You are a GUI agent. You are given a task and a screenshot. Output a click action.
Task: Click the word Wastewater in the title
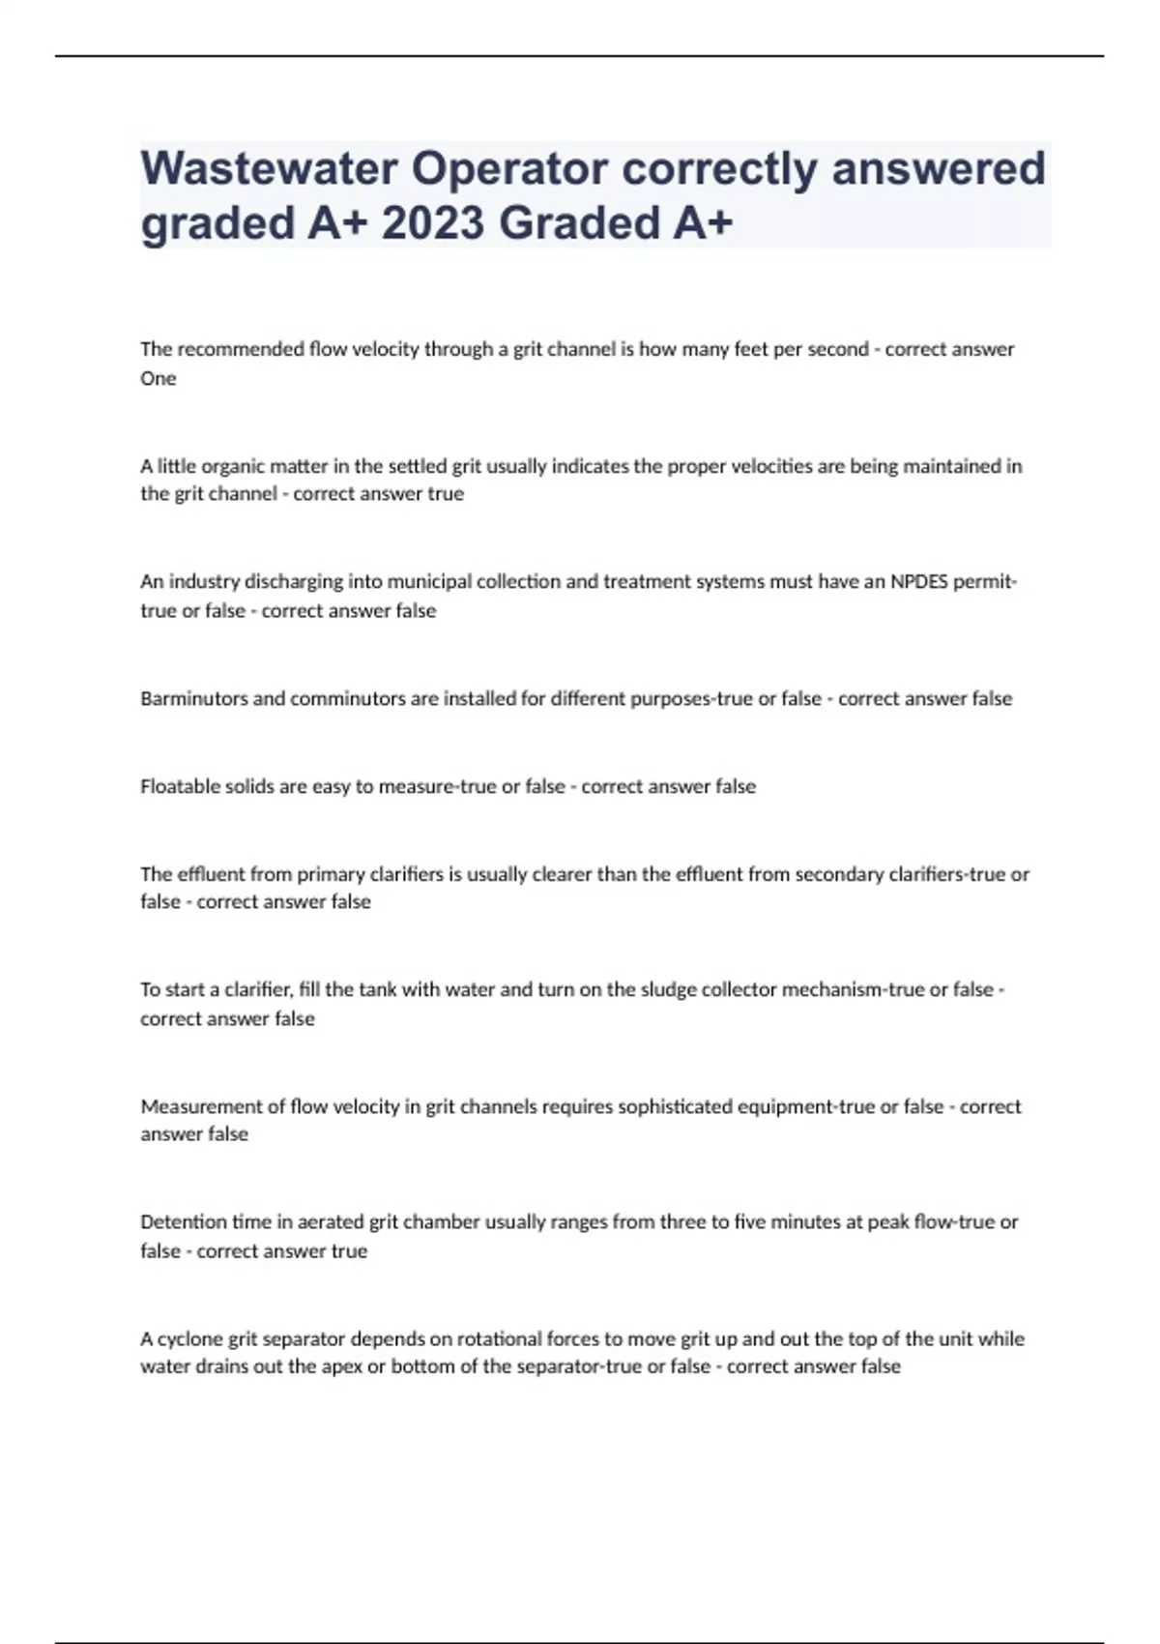269,168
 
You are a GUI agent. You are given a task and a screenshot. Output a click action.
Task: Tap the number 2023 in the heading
432,223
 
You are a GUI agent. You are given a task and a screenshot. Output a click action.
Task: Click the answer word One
158,378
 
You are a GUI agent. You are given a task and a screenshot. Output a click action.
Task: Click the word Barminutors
193,698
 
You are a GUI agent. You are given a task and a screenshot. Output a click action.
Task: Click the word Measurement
200,1106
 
